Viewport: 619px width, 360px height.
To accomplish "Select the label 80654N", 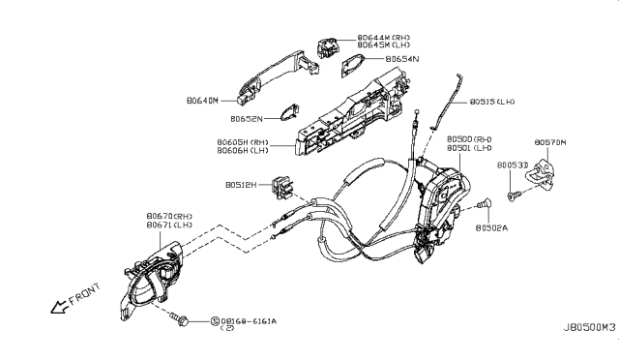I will (403, 59).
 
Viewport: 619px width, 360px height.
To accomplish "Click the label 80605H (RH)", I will (242, 141).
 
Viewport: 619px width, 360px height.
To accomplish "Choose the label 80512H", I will (245, 184).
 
